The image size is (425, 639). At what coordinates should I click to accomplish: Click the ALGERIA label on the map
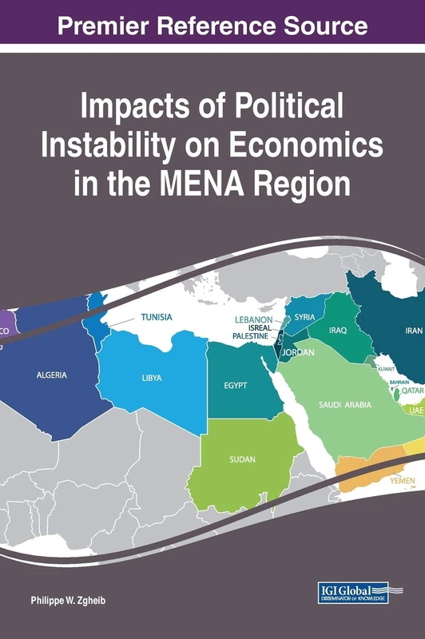tap(52, 375)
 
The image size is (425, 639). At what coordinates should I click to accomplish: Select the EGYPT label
tap(236, 386)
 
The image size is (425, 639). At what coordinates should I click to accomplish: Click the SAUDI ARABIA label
tap(345, 405)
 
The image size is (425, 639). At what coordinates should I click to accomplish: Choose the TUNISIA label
tap(157, 317)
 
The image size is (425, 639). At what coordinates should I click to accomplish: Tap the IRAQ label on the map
tap(338, 330)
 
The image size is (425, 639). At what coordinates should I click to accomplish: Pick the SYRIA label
tap(304, 317)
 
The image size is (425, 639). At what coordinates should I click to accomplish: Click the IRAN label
tap(414, 330)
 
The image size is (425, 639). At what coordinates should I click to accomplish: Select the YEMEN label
tap(402, 482)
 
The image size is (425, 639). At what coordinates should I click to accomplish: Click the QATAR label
tap(412, 391)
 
